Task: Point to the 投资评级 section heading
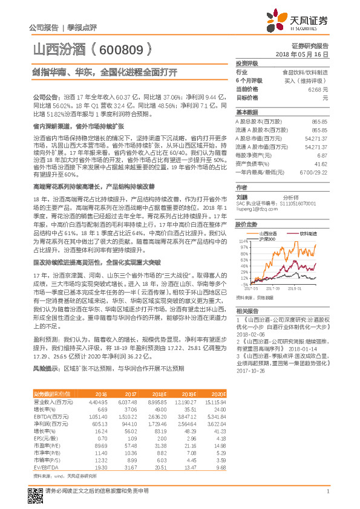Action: (247, 63)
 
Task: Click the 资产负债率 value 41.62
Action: (320, 163)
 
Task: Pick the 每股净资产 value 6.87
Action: (322, 155)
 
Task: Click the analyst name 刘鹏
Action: (242, 196)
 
